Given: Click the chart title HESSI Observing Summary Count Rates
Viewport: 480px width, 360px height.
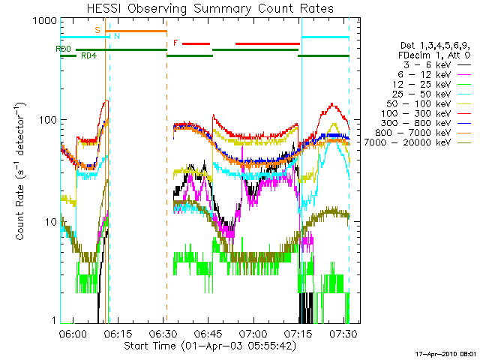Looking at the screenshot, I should (205, 8).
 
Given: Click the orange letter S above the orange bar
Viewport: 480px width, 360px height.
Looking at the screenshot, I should (97, 29).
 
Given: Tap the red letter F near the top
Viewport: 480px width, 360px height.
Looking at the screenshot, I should (175, 43).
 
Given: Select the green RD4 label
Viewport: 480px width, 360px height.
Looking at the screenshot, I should (88, 55).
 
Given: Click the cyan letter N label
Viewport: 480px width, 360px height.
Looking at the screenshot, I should (116, 36).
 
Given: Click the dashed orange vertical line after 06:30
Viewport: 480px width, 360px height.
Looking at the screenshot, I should (166, 187).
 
